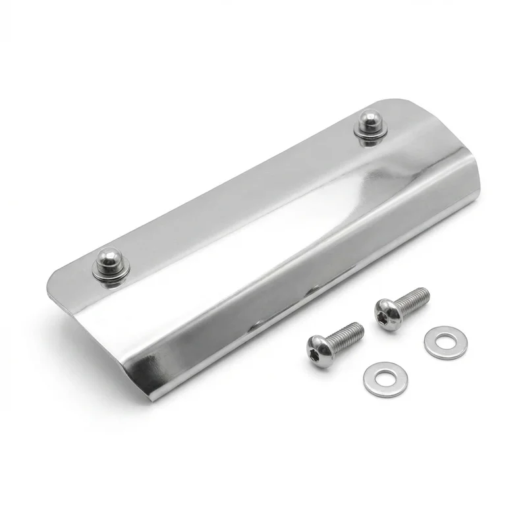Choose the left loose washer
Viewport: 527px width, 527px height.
385,379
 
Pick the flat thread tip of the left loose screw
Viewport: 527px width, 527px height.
360,326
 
